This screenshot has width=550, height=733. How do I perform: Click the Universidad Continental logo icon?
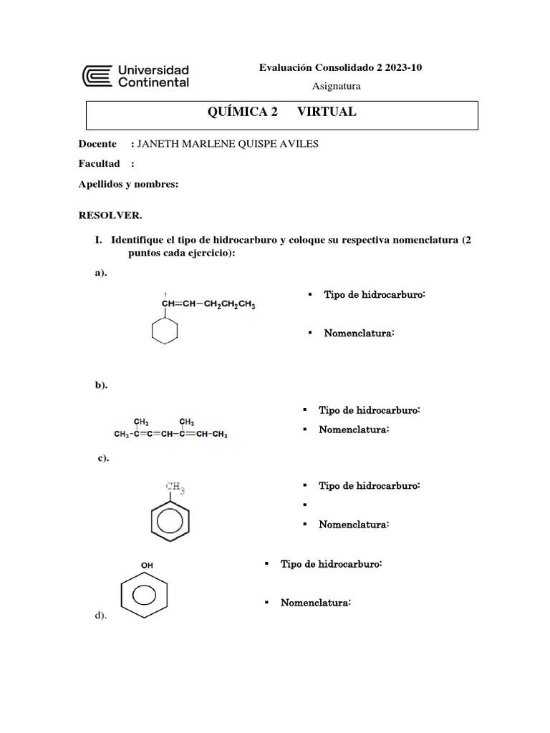[x=97, y=76]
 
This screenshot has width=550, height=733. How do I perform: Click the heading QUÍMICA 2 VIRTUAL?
[x=281, y=112]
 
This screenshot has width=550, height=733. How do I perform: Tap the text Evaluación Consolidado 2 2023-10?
[x=340, y=68]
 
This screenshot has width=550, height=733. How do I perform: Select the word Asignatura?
[x=337, y=86]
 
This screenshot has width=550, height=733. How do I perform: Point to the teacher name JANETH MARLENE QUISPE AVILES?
[x=227, y=144]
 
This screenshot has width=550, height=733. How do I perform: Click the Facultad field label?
[x=99, y=163]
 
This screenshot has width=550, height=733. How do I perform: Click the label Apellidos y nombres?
[x=127, y=184]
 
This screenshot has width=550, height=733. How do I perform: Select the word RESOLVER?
[x=110, y=215]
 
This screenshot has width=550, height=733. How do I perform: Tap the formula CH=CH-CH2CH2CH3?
[x=208, y=305]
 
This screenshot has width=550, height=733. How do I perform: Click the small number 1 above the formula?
[x=165, y=294]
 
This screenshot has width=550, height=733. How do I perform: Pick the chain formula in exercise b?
[x=170, y=433]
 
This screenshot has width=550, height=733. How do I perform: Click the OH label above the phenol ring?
[x=147, y=565]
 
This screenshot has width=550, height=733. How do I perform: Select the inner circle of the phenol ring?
[x=145, y=596]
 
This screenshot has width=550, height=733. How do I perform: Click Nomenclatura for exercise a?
[x=359, y=333]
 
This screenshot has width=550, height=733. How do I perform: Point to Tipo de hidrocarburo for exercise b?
[x=369, y=410]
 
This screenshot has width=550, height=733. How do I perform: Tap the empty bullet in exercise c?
[x=304, y=505]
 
